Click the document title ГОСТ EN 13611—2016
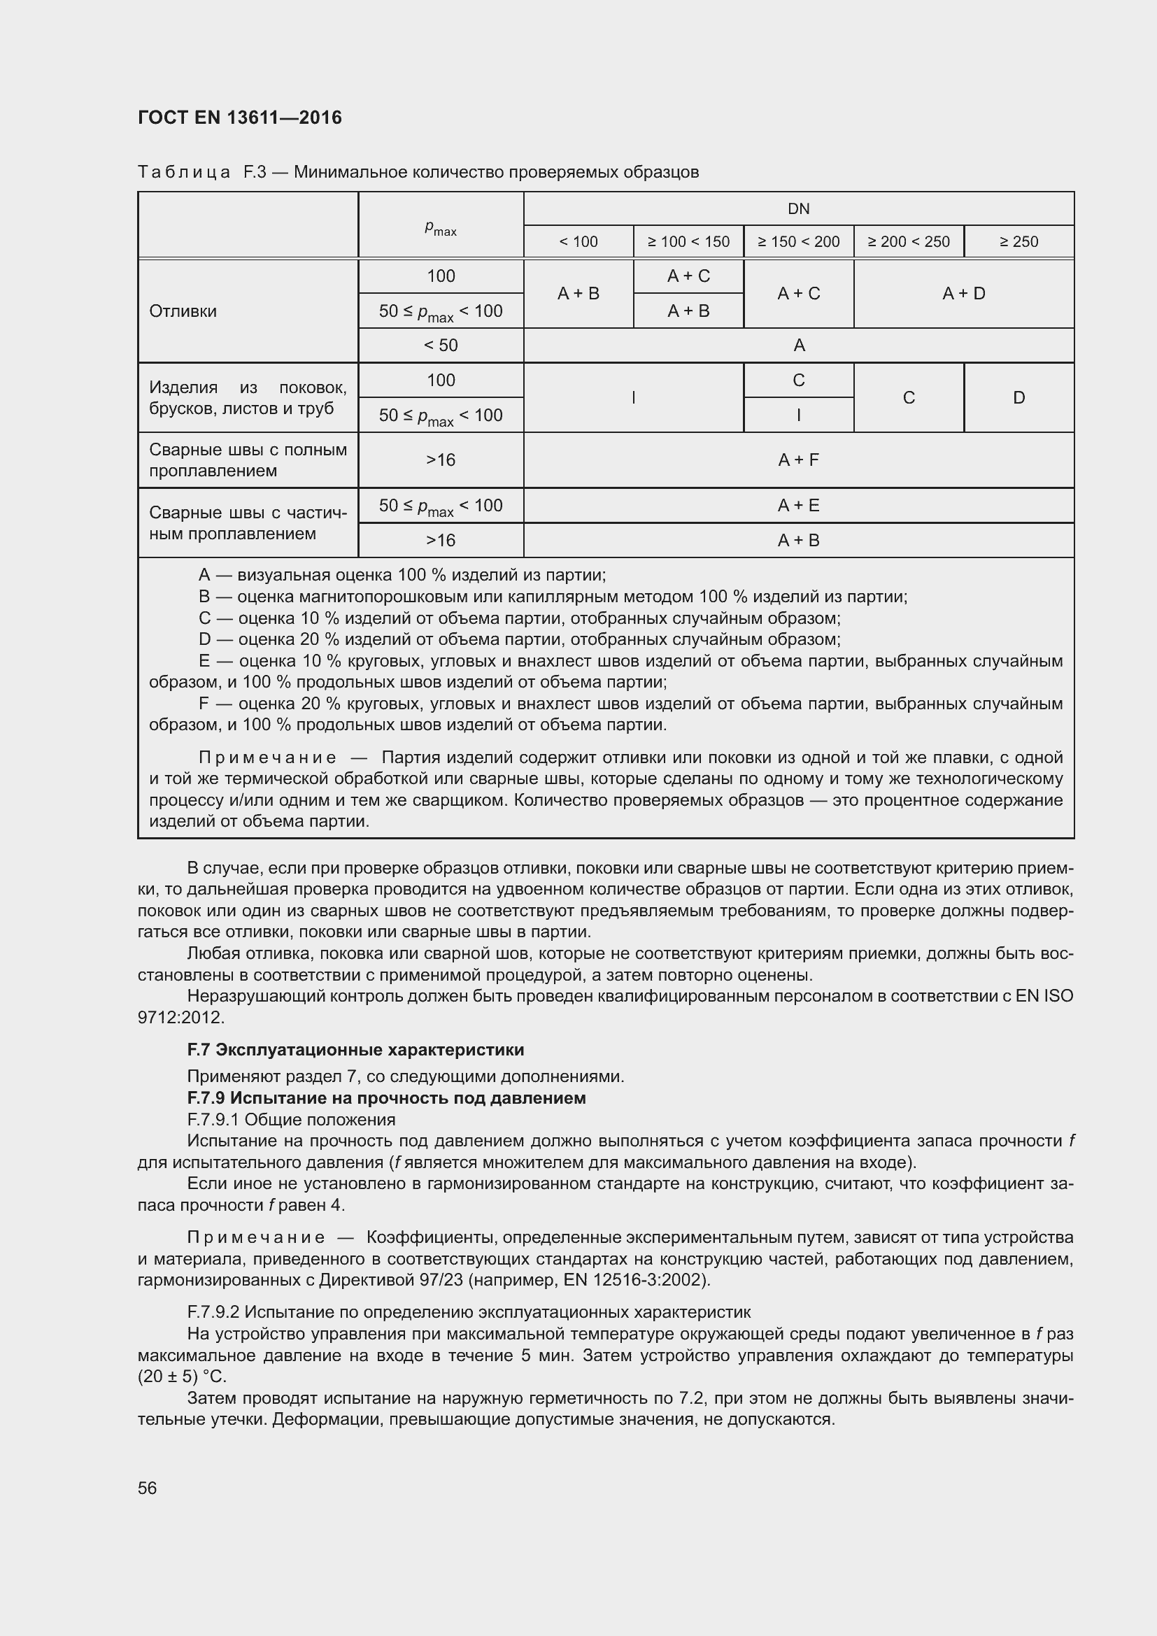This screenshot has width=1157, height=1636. [239, 118]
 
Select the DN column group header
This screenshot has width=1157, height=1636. [798, 208]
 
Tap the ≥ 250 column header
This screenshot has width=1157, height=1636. [1018, 241]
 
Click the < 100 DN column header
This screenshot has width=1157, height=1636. [578, 241]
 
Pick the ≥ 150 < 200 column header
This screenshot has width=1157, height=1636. [798, 241]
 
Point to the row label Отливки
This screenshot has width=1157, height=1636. [183, 311]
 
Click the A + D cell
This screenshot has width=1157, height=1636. [963, 294]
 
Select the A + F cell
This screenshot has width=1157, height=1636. [798, 460]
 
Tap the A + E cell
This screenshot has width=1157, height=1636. [798, 505]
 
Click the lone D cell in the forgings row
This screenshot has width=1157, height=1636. [1018, 397]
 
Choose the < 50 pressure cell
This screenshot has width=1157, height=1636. [440, 346]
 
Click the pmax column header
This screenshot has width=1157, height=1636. [440, 227]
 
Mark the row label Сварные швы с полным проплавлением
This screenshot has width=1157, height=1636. [247, 460]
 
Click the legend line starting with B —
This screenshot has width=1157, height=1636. [552, 597]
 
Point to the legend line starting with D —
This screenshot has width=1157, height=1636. [518, 639]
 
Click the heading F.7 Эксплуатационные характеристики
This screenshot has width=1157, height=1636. [355, 1050]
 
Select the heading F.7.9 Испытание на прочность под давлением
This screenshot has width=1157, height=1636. [386, 1097]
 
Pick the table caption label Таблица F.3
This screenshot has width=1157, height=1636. [201, 173]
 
